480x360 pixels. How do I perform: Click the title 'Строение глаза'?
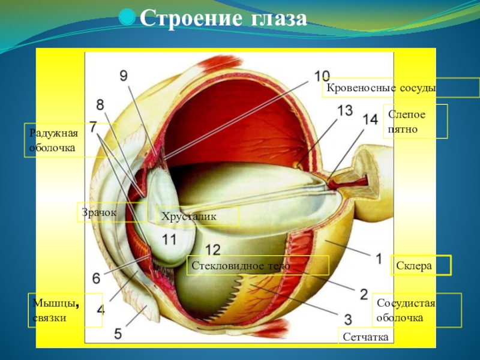tap(223, 19)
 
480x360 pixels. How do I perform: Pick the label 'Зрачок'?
tap(97, 213)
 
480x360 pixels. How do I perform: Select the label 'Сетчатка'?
tap(366, 338)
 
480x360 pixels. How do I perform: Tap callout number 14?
tap(370, 119)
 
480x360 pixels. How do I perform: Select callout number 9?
tap(124, 76)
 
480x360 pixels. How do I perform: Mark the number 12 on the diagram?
tap(212, 249)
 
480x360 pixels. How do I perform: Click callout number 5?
tap(118, 334)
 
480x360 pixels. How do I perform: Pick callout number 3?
tap(347, 318)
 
